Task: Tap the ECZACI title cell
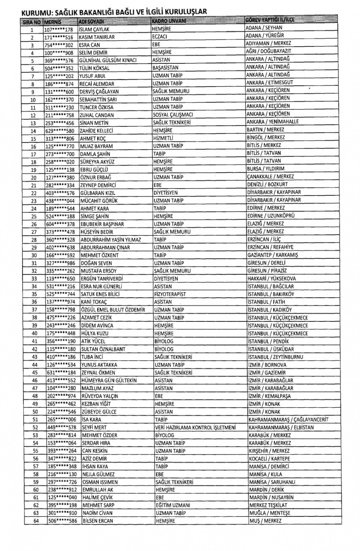[159, 37]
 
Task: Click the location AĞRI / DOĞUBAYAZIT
[269, 51]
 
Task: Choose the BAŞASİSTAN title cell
[165, 68]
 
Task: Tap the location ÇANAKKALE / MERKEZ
[270, 177]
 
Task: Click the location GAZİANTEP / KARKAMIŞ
[273, 255]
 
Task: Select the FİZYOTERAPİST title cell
[170, 294]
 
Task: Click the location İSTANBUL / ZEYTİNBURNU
[275, 357]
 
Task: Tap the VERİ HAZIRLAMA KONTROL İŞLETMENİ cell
[195, 428]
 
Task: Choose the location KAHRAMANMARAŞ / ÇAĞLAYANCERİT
[288, 420]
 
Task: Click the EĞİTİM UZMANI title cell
[173, 505]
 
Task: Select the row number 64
[36, 521]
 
